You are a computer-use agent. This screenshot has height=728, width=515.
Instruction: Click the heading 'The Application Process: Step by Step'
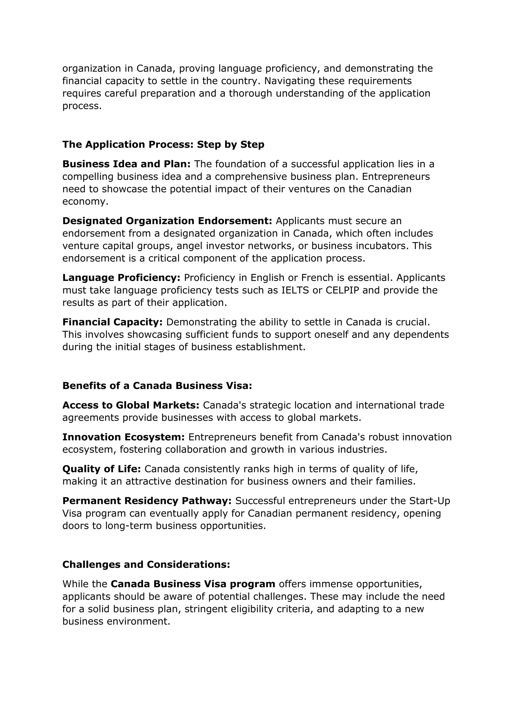coord(163,145)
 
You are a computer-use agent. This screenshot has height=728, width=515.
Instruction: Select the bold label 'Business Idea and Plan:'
coord(126,164)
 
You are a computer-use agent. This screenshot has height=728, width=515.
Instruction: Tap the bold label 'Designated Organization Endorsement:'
coord(167,221)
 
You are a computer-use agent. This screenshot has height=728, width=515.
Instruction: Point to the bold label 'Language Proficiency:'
coord(121,278)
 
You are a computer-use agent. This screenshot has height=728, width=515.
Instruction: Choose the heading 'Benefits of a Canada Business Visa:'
coord(157,386)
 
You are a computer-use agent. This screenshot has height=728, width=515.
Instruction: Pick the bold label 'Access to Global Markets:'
coord(131,405)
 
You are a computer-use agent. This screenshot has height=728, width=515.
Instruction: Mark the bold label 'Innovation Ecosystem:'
coord(123,437)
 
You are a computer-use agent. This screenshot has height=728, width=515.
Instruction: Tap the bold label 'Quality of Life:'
coord(102,469)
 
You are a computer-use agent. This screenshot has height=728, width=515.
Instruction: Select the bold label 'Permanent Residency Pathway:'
coord(147,501)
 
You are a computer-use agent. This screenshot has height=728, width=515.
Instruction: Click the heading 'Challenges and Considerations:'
coord(146,564)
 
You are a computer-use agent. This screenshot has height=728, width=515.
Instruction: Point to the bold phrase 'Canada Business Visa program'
coord(193,584)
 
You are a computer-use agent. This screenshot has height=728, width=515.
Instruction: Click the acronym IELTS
coord(295,290)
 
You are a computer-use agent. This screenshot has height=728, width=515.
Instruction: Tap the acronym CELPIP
coord(342,290)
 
